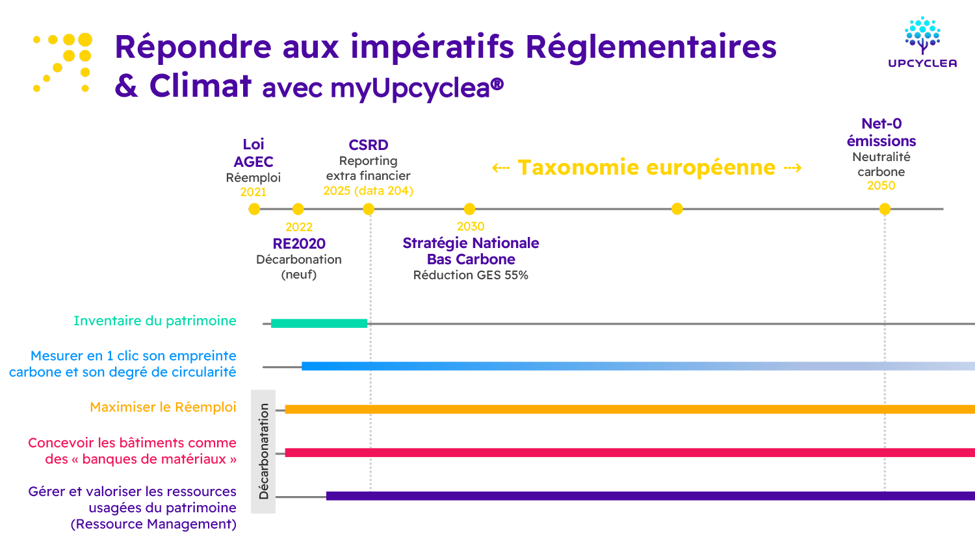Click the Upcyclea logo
[x=922, y=43]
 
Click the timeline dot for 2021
[x=254, y=209]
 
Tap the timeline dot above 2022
[x=298, y=209]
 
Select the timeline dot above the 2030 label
[x=469, y=209]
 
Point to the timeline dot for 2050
[x=885, y=209]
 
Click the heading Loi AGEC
[x=253, y=153]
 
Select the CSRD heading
[x=369, y=145]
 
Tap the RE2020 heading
[x=299, y=243]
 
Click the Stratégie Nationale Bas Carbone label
[x=471, y=251]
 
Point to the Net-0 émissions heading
[x=881, y=132]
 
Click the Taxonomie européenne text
[x=646, y=168]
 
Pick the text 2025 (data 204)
[x=369, y=191]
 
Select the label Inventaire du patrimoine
[x=155, y=321]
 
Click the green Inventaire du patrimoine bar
[x=319, y=323]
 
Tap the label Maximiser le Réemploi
[x=163, y=407]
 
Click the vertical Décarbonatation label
[x=264, y=451]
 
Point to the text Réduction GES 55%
[x=471, y=275]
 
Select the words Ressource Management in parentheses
[x=153, y=524]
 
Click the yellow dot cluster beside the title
[x=63, y=62]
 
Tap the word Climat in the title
[x=200, y=86]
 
